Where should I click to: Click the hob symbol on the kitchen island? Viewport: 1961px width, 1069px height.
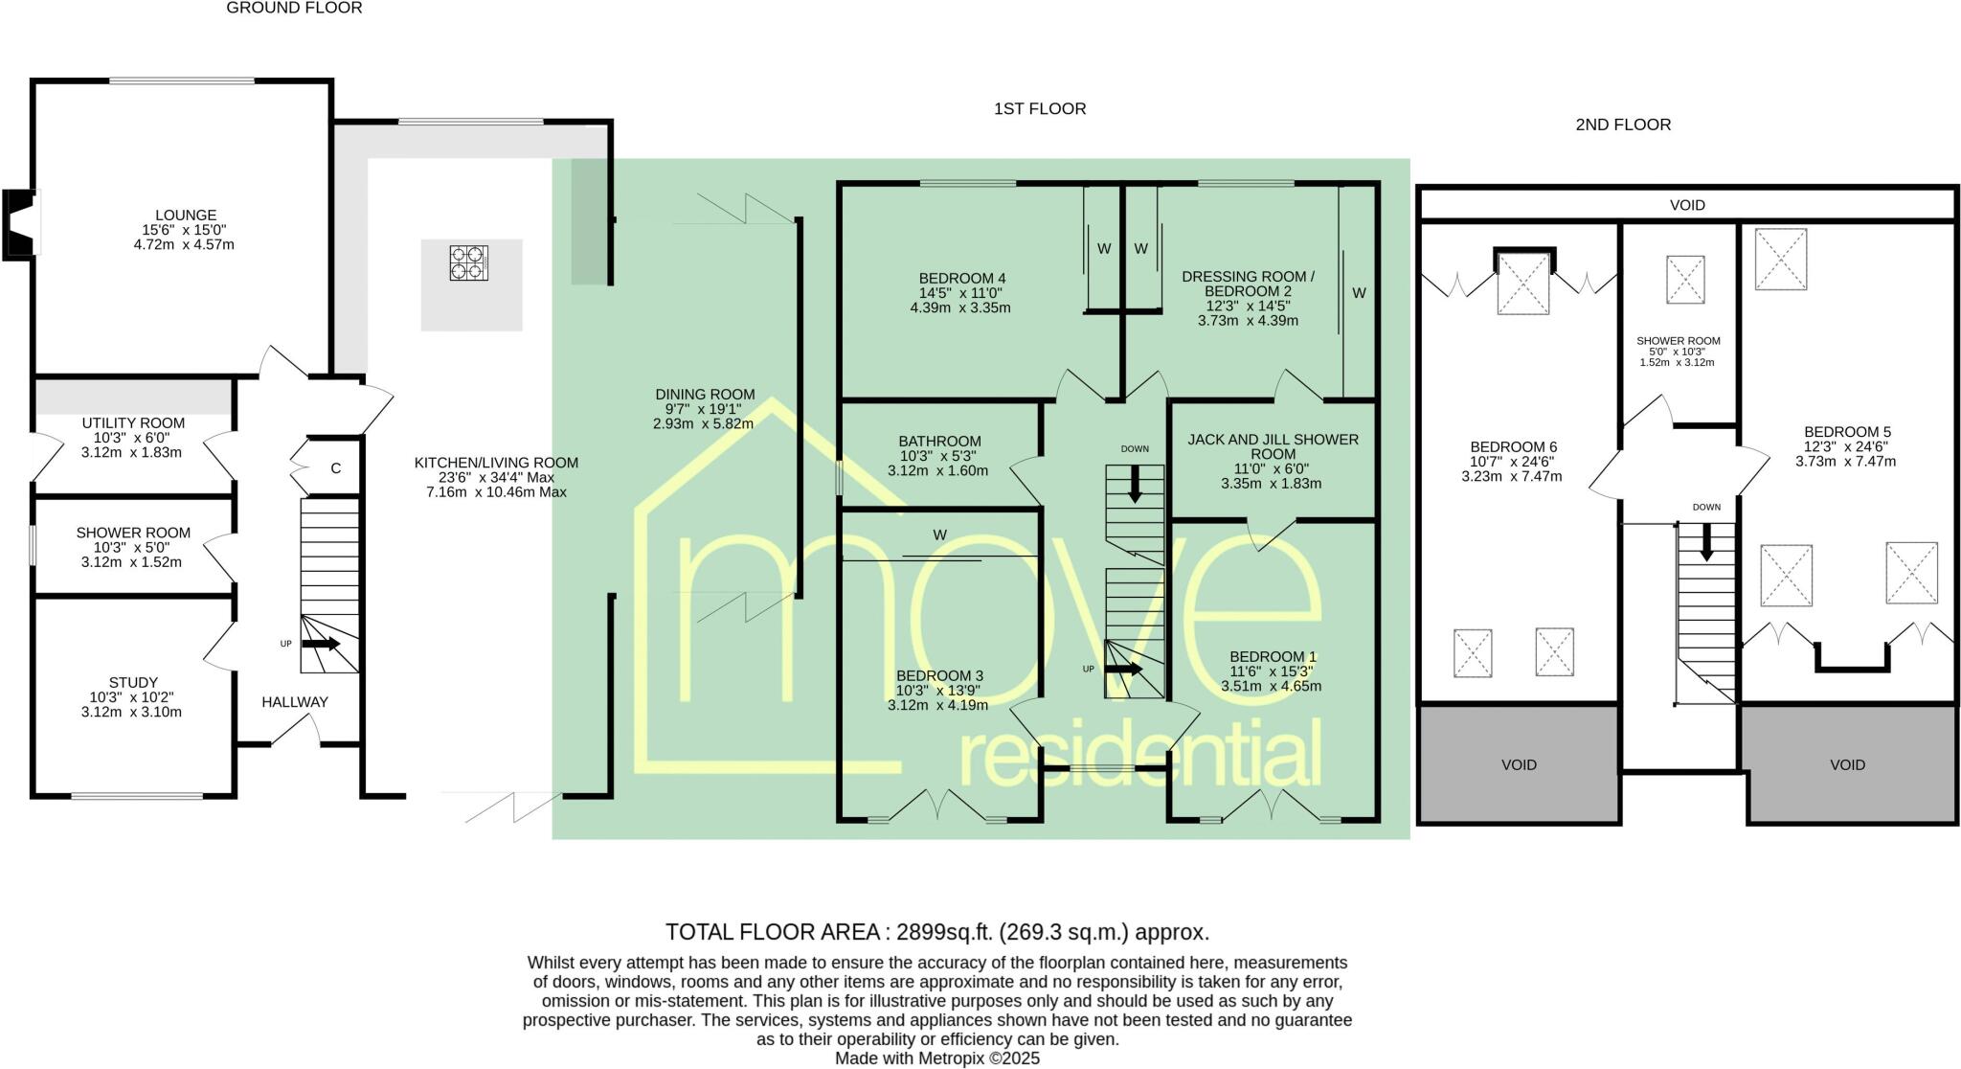(x=469, y=262)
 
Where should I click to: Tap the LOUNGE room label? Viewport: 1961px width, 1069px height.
(x=186, y=216)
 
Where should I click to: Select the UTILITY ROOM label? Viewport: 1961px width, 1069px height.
(x=133, y=422)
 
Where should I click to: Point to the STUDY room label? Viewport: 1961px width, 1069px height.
(x=133, y=683)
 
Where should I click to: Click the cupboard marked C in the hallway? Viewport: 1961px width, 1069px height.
(x=335, y=468)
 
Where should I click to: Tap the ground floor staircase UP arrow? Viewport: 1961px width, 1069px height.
(x=321, y=644)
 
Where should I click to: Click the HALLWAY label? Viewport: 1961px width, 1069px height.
(x=295, y=702)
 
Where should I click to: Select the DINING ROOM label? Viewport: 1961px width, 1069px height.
(x=705, y=394)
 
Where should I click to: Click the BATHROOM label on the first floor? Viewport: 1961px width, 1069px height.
(x=940, y=442)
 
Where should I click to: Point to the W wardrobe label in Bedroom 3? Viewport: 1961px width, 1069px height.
(x=939, y=535)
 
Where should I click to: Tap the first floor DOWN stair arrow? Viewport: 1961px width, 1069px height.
(x=1136, y=484)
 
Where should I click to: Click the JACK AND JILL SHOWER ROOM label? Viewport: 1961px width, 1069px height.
(x=1273, y=446)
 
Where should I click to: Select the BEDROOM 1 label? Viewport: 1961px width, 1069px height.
(x=1273, y=657)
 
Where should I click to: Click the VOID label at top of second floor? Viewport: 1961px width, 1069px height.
(x=1687, y=205)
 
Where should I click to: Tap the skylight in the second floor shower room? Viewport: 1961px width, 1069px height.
(x=1685, y=280)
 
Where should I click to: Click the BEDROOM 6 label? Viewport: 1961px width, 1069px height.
(x=1513, y=446)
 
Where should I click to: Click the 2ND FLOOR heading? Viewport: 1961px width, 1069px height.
(x=1623, y=125)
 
